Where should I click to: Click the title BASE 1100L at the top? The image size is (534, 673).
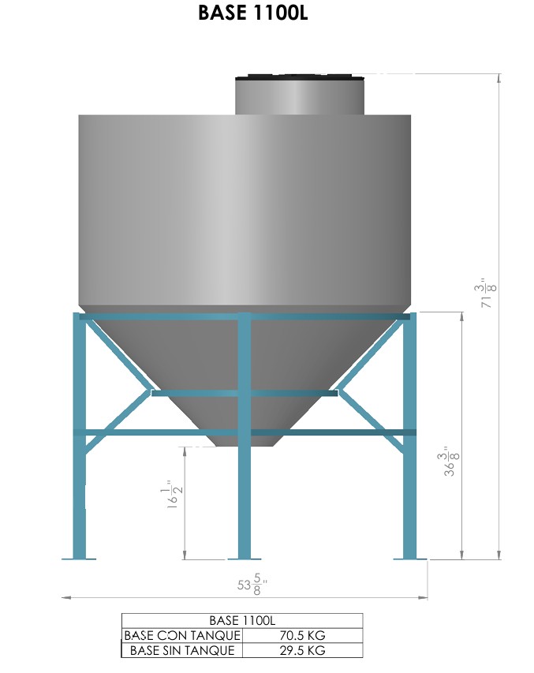click(253, 13)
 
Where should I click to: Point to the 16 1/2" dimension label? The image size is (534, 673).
click(174, 494)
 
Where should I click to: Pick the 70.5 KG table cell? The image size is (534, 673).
click(302, 635)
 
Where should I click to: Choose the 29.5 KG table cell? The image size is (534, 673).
click(302, 650)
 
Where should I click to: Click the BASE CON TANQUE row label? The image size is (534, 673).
click(182, 635)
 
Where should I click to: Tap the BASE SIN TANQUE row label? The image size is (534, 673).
click(182, 650)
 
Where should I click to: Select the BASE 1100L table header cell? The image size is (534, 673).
click(242, 620)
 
